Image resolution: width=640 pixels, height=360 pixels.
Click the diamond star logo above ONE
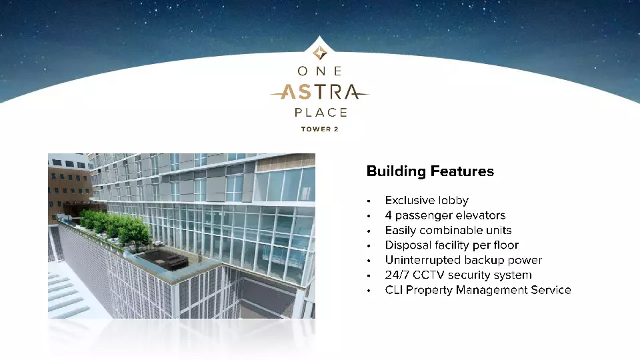click(x=319, y=51)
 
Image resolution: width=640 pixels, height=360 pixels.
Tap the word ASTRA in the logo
click(x=319, y=92)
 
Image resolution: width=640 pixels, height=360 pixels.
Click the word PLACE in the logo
click(x=319, y=113)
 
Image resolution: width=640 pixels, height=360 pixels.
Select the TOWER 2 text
click(x=319, y=129)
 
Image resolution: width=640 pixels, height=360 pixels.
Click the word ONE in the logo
click(x=319, y=71)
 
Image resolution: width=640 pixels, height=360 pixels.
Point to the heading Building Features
click(x=430, y=171)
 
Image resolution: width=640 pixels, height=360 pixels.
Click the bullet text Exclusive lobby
click(x=427, y=200)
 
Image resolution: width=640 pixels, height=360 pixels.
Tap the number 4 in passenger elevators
click(x=388, y=215)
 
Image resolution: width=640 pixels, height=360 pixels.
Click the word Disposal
click(x=407, y=245)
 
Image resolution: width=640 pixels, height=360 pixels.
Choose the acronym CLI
click(x=393, y=290)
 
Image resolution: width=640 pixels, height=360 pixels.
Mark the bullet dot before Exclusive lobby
click(x=368, y=201)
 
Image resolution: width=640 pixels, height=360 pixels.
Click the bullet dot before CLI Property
click(x=368, y=291)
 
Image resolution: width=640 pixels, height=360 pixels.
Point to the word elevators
click(x=481, y=215)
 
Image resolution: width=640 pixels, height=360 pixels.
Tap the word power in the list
click(x=526, y=260)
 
